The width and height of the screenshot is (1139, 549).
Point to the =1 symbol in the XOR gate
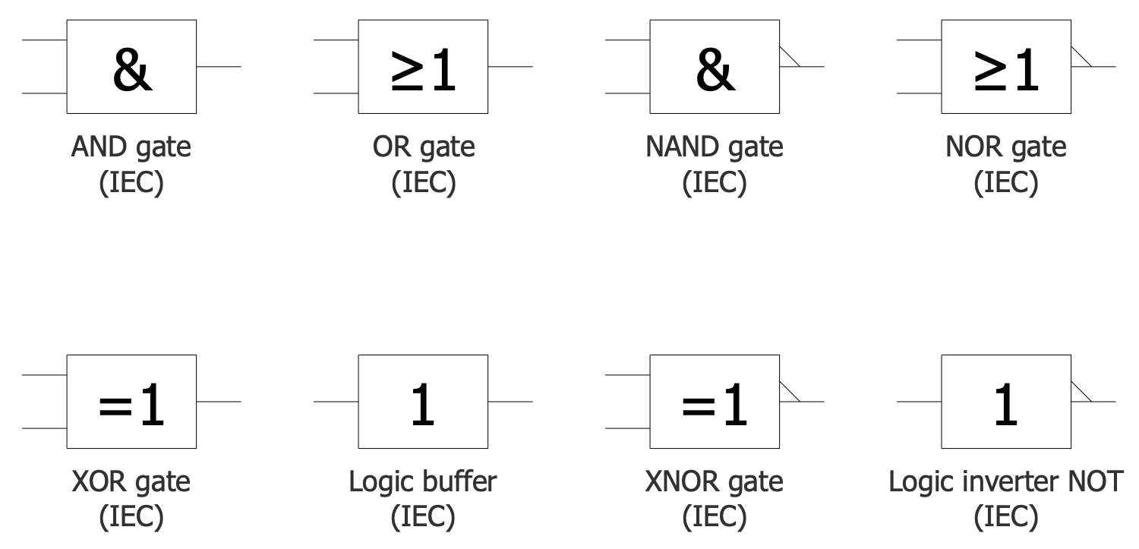pos(131,405)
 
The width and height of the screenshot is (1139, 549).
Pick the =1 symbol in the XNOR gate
pos(715,405)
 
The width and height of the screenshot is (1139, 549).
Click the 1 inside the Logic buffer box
pos(423,405)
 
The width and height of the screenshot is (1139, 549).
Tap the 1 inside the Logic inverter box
pos(1006,405)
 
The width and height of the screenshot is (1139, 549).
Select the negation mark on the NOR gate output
pos(1081,58)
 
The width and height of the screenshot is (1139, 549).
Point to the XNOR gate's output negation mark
pos(790,391)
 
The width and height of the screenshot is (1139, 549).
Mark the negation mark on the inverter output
pos(1081,391)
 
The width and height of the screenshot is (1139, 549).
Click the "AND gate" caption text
pos(131,147)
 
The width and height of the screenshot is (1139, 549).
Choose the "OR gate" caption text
pos(423,147)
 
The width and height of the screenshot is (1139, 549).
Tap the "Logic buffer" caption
pos(423,481)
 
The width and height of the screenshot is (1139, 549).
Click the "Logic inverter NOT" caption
pos(1005,481)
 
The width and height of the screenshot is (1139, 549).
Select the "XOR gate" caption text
pos(131,481)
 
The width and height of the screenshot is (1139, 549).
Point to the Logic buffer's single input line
pos(336,401)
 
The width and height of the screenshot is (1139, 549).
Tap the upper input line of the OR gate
pos(336,39)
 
